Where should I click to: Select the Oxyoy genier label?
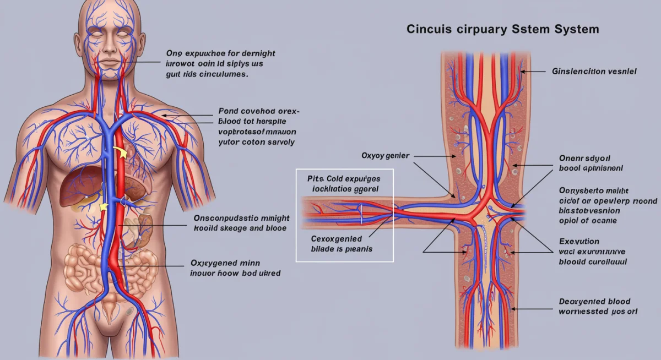[385, 156]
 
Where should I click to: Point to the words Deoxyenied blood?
[594, 302]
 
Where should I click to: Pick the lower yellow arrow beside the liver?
[102, 206]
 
